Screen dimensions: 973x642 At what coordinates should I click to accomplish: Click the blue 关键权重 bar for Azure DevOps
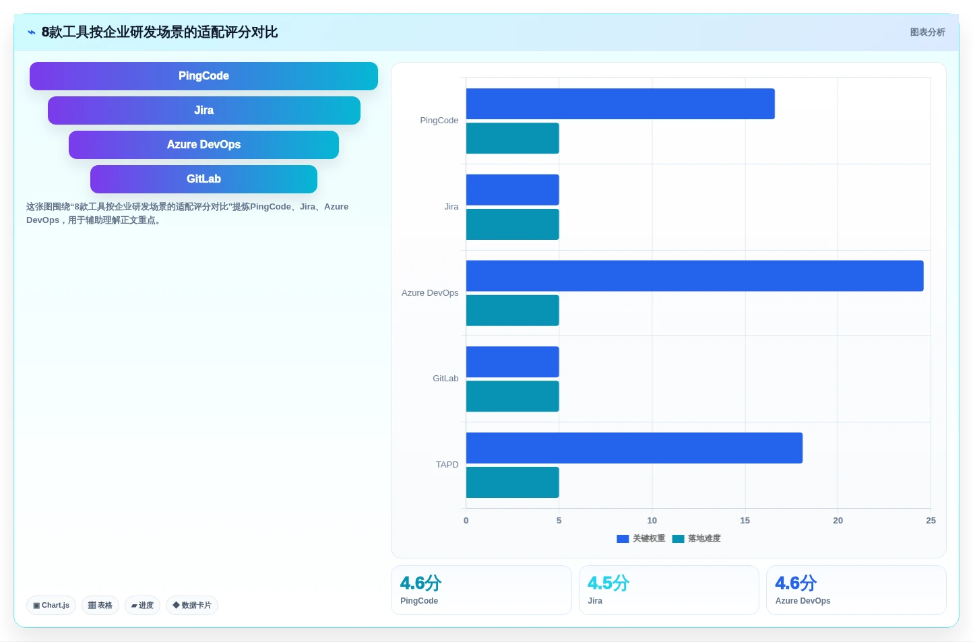click(x=695, y=276)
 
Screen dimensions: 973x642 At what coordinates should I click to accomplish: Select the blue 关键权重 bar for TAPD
click(x=634, y=448)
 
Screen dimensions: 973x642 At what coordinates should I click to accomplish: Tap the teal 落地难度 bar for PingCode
click(x=513, y=138)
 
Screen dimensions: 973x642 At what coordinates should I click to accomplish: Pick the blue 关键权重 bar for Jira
click(x=513, y=190)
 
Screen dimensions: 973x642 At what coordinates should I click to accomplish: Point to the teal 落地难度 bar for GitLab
click(x=513, y=396)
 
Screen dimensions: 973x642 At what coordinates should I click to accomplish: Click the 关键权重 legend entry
click(x=641, y=539)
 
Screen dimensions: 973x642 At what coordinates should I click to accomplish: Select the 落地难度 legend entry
click(x=696, y=539)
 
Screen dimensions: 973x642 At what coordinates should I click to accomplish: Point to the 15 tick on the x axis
click(x=745, y=520)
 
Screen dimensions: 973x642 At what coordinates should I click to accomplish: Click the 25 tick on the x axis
click(x=931, y=520)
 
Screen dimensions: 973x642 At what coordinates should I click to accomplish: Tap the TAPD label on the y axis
click(x=447, y=464)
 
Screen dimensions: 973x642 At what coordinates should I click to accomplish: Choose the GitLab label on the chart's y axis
click(x=445, y=379)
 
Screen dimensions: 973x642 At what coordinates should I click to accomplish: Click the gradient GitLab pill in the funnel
click(x=203, y=179)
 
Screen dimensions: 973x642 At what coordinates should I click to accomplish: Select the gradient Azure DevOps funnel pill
click(x=203, y=145)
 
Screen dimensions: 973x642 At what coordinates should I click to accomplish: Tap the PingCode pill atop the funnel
click(x=203, y=76)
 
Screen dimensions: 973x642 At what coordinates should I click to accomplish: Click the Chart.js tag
click(x=51, y=605)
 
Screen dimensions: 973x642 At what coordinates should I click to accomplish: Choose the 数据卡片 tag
click(x=192, y=605)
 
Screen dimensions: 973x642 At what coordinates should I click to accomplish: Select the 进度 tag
click(x=142, y=605)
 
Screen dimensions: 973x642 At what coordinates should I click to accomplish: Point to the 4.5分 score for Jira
click(x=608, y=583)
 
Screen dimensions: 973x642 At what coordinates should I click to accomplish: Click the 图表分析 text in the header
click(x=927, y=32)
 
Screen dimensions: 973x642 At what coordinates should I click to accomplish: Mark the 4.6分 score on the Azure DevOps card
click(x=796, y=583)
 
